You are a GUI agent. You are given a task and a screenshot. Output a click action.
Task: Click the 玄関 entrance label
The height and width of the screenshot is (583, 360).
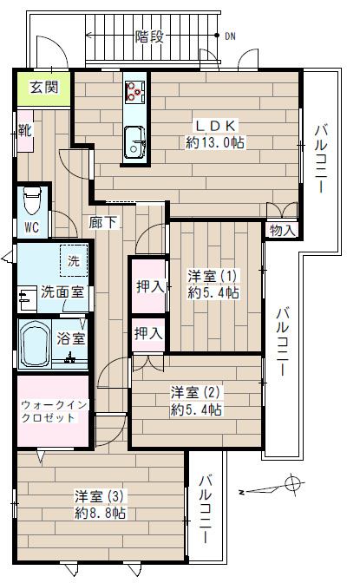tap(44, 88)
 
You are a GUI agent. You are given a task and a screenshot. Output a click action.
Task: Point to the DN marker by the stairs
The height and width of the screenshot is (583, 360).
tap(230, 36)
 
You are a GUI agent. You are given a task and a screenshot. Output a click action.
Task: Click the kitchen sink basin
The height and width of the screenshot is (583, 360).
tap(136, 141)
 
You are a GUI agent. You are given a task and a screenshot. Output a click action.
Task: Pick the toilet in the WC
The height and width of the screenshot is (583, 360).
tap(32, 201)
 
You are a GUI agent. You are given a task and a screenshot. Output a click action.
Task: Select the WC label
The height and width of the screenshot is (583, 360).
tap(31, 228)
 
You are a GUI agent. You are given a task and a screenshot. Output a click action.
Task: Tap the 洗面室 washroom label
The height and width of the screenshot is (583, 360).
tap(62, 292)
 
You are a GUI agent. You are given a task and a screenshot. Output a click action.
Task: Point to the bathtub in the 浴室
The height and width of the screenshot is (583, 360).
tap(36, 344)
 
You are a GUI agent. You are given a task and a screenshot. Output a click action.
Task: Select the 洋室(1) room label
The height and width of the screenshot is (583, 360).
tap(214, 277)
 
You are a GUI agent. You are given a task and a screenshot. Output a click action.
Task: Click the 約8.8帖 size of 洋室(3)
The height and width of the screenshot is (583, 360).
tap(100, 513)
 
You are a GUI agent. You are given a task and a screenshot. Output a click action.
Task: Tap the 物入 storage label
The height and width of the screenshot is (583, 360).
tap(283, 230)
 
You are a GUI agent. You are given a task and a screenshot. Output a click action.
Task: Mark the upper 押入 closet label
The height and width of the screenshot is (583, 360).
tap(148, 285)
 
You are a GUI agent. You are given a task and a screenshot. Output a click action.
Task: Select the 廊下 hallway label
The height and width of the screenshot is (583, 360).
tap(103, 223)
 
